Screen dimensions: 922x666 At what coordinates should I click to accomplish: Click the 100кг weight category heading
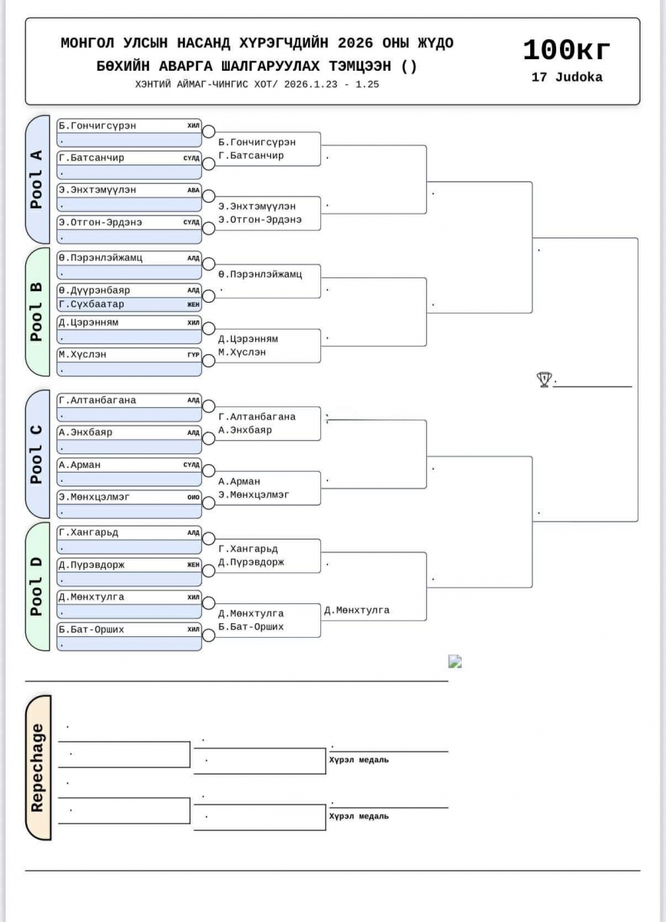click(567, 51)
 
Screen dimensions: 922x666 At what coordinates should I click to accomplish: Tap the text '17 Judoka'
click(567, 78)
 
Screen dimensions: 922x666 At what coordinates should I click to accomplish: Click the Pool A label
click(36, 179)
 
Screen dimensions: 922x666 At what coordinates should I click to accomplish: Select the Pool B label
click(36, 311)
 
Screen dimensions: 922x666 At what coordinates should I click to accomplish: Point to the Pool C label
click(36, 454)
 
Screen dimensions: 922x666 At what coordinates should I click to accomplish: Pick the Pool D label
click(36, 586)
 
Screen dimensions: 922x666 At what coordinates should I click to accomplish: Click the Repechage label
click(37, 768)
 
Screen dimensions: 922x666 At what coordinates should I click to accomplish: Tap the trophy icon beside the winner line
click(544, 379)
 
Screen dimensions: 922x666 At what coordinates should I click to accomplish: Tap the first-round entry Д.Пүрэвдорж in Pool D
click(91, 565)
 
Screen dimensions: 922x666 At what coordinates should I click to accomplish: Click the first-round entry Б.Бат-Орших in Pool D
click(91, 629)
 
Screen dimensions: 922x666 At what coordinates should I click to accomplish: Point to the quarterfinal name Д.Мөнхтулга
click(356, 610)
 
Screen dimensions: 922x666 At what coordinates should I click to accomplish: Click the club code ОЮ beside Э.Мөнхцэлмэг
click(194, 498)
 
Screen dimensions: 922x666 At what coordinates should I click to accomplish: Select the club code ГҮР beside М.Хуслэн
click(194, 355)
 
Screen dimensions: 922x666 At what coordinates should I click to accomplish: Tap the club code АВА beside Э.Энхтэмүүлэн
click(194, 191)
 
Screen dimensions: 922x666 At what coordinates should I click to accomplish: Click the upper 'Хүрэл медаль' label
click(359, 760)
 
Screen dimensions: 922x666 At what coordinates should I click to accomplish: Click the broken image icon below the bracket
click(455, 661)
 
